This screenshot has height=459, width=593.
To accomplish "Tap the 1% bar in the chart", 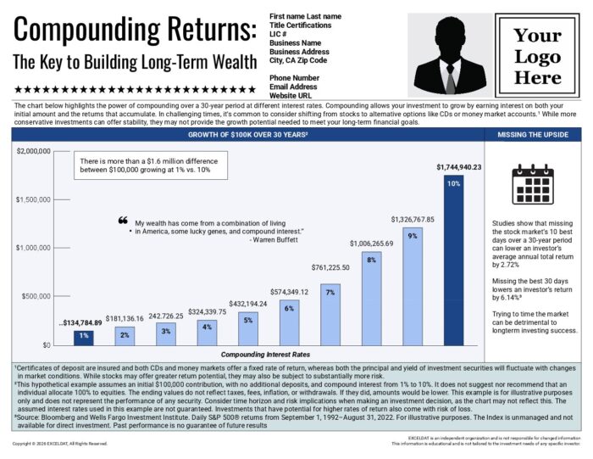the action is point(83,337).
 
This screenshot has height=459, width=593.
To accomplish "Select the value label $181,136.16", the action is point(125,318).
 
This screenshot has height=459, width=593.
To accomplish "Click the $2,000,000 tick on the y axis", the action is point(34,151).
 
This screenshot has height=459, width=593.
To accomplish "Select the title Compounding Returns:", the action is point(135,31).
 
